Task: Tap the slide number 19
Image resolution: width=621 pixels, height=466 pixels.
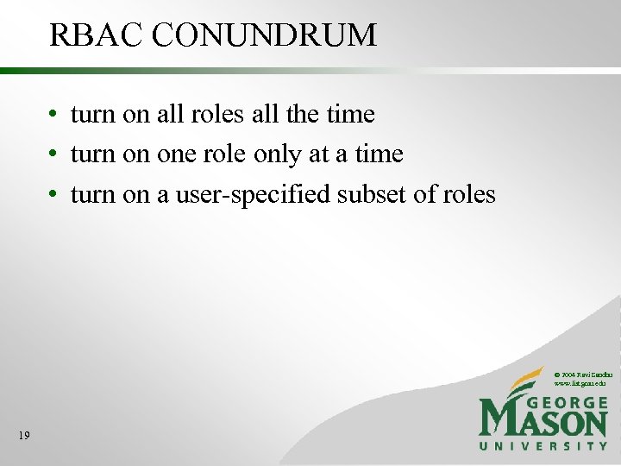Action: pyautogui.click(x=23, y=436)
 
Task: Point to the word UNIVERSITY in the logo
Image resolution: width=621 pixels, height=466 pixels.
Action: pyautogui.click(x=544, y=446)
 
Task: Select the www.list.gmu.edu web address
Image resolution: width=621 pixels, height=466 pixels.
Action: pyautogui.click(x=582, y=382)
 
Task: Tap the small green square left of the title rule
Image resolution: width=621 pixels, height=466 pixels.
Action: pyautogui.click(x=4, y=70)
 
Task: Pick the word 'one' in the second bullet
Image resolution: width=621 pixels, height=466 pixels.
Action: pyautogui.click(x=175, y=154)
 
